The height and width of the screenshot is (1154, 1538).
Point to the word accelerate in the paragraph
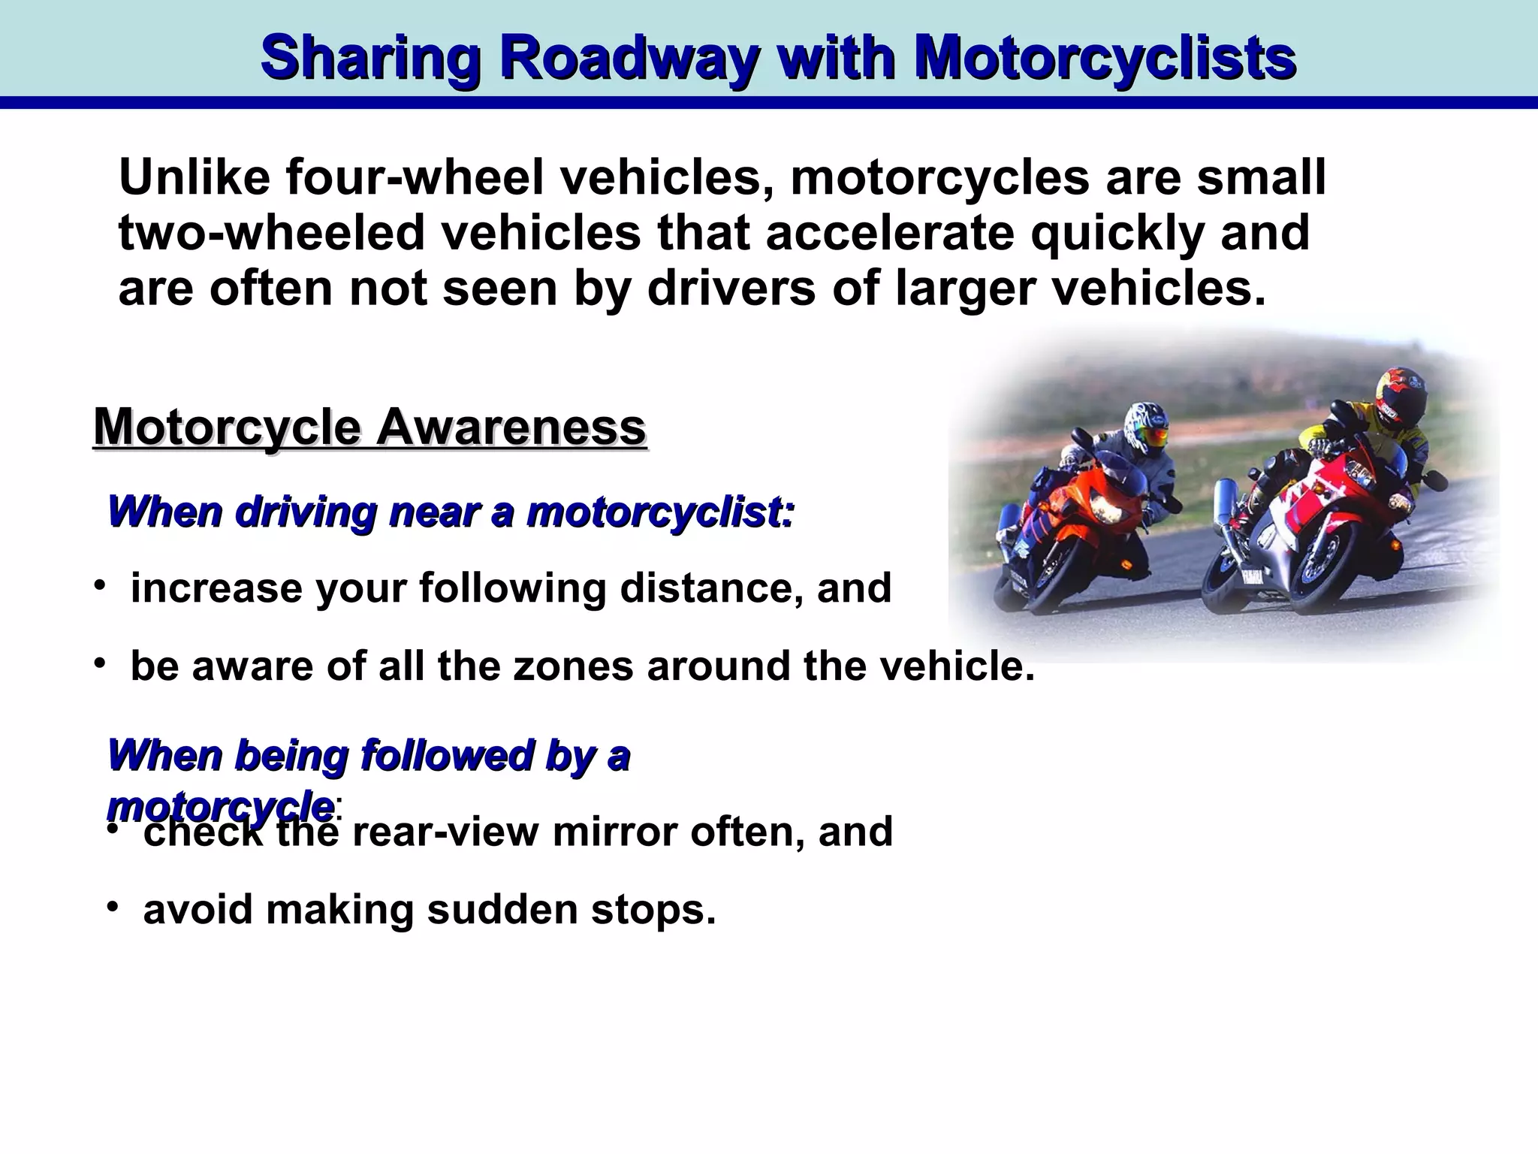(889, 233)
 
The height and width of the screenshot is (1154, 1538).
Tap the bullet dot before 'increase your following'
(98, 585)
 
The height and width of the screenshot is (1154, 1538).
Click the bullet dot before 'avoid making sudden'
(111, 908)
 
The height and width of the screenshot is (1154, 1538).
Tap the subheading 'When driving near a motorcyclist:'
(451, 512)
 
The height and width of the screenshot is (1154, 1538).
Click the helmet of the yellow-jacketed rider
(1399, 397)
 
